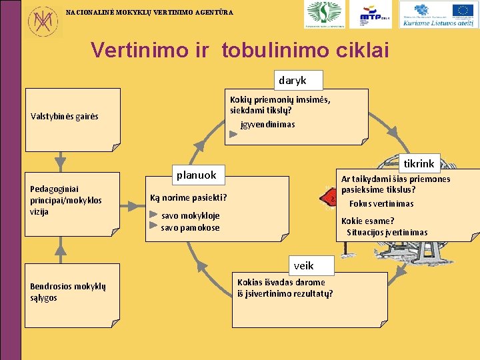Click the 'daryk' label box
pyautogui.click(x=293, y=80)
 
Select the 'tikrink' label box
pyautogui.click(x=419, y=163)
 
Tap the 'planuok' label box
pyautogui.click(x=196, y=175)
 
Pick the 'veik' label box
pyautogui.click(x=303, y=265)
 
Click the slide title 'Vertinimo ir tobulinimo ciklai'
pyautogui.click(x=240, y=49)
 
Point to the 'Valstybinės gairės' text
pyautogui.click(x=65, y=117)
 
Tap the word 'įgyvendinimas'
pyautogui.click(x=267, y=125)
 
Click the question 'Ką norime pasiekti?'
pyautogui.click(x=189, y=197)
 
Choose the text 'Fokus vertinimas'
pyautogui.click(x=381, y=204)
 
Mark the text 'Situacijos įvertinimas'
pyautogui.click(x=387, y=233)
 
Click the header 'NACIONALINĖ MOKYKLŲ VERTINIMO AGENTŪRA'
pyautogui.click(x=149, y=12)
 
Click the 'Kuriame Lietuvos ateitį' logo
pyautogui.click(x=438, y=15)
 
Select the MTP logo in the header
pyautogui.click(x=376, y=15)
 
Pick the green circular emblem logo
pyautogui.click(x=325, y=14)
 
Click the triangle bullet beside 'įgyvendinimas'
pyautogui.click(x=233, y=133)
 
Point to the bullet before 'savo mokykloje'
pyautogui.click(x=154, y=215)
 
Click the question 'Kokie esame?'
pyautogui.click(x=367, y=221)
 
